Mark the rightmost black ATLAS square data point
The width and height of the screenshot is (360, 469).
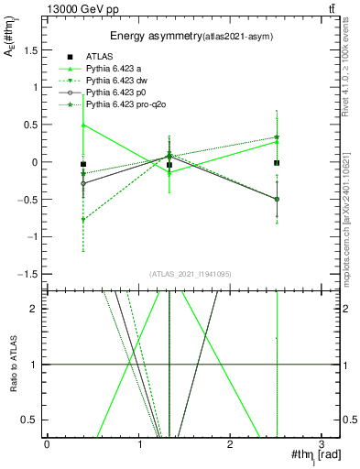pyautogui.click(x=277, y=163)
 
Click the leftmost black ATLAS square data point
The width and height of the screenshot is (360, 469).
pyautogui.click(x=83, y=164)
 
